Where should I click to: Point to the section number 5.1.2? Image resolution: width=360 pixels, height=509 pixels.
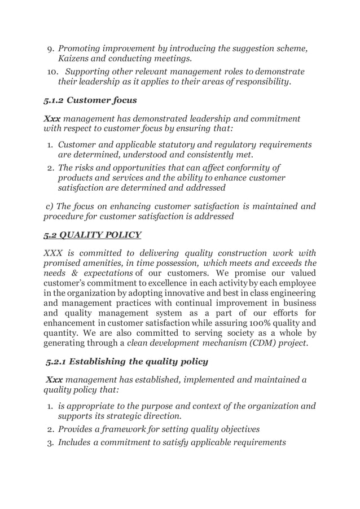pos(54,102)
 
